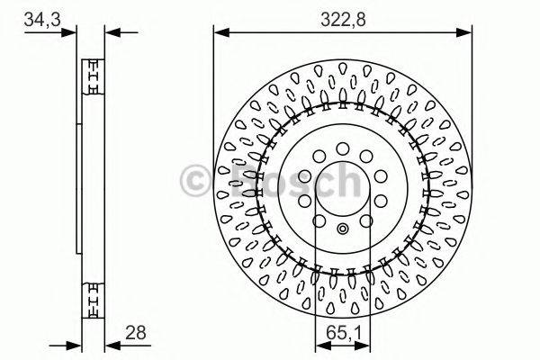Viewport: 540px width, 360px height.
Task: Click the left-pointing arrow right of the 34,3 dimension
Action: tap(111, 32)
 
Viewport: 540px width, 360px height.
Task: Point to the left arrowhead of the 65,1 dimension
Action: tap(318, 345)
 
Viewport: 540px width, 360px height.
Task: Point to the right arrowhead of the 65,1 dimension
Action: tap(368, 345)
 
